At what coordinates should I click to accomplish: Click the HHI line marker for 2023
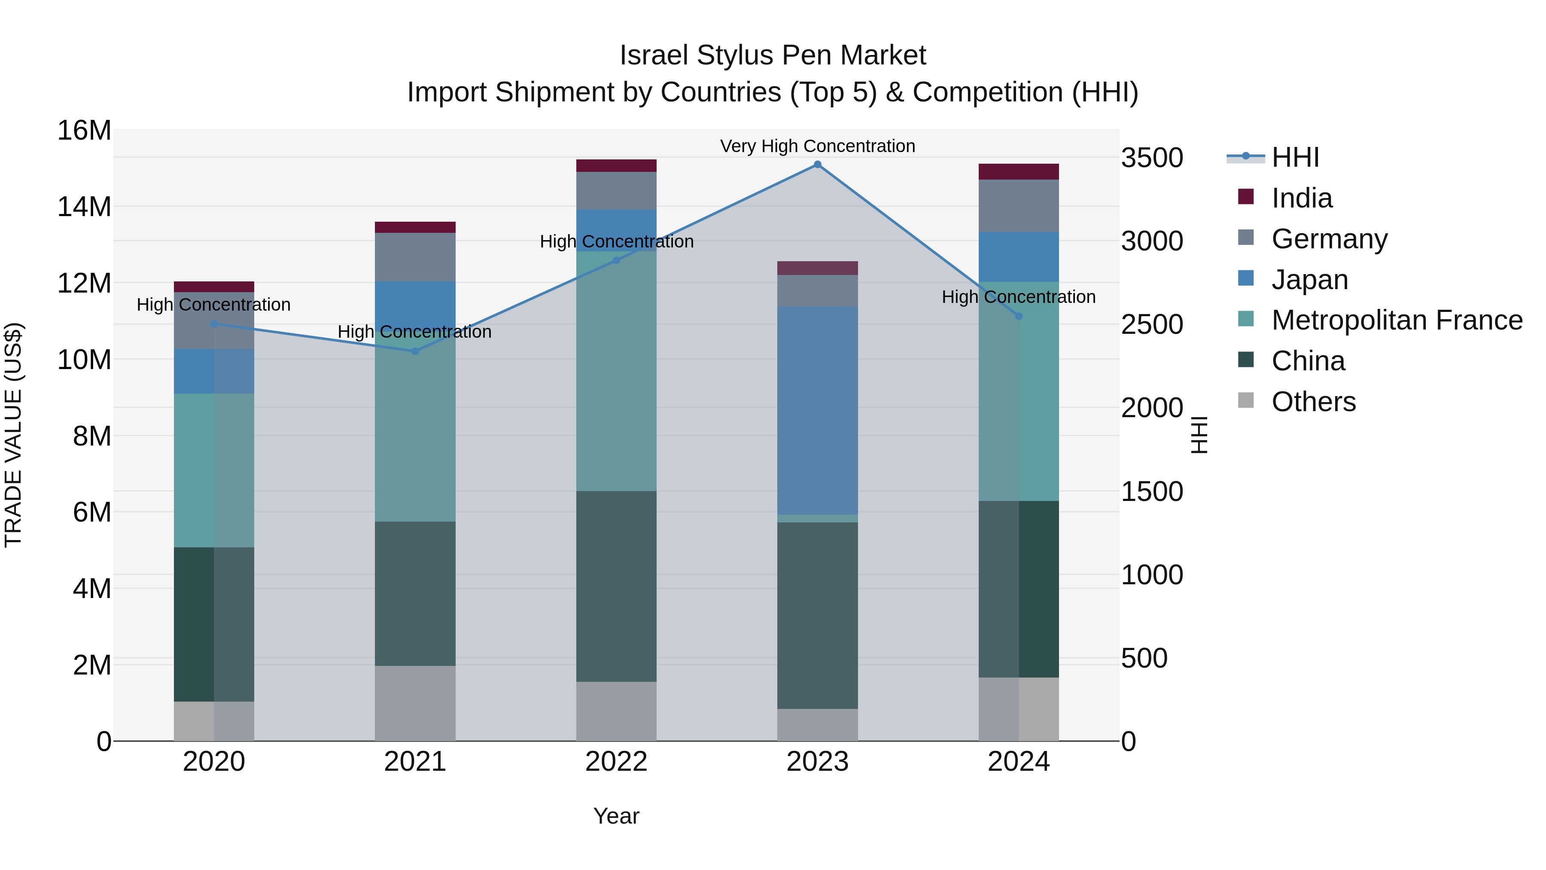[817, 165]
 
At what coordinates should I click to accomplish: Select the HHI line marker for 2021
[415, 351]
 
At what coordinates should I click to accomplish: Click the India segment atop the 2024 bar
[1019, 172]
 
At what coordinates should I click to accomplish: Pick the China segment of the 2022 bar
[616, 586]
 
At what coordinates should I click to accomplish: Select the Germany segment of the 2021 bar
[415, 257]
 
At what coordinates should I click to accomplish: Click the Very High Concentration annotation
[817, 146]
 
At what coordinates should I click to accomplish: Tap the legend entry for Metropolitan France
[1397, 320]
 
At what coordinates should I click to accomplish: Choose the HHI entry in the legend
[1295, 157]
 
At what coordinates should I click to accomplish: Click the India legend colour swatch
[1245, 197]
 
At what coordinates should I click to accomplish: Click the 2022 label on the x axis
[616, 762]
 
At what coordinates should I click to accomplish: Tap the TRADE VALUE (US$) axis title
[13, 435]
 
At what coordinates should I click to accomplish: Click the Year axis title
[616, 816]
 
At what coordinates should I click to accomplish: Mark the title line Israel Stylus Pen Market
[773, 55]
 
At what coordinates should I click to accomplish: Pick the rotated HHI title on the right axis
[1199, 435]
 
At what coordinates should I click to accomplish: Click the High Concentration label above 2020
[214, 305]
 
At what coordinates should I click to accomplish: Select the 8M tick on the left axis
[92, 436]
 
